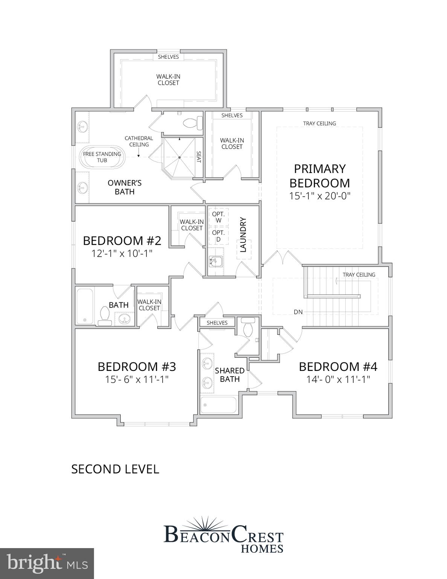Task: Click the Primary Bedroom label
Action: (x=319, y=176)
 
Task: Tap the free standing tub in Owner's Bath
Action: (x=102, y=157)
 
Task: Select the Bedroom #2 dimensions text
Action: (x=122, y=253)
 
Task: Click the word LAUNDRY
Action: (x=243, y=234)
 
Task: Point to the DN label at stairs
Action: (x=298, y=312)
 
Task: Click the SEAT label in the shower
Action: (x=199, y=157)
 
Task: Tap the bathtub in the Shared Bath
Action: (x=218, y=405)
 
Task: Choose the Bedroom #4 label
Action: (x=338, y=366)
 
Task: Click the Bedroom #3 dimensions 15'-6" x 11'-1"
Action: (x=136, y=379)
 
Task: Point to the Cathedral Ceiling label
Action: (x=139, y=141)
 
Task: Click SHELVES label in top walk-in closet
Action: (x=168, y=57)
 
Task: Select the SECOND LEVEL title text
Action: (x=115, y=469)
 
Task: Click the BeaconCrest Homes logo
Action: (x=224, y=535)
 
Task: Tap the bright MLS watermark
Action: (x=47, y=563)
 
